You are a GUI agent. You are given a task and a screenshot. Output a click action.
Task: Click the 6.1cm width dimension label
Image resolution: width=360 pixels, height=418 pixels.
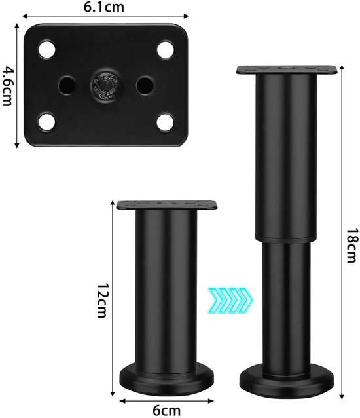coord(104,7)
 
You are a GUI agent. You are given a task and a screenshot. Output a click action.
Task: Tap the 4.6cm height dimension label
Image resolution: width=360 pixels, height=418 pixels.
coord(7,86)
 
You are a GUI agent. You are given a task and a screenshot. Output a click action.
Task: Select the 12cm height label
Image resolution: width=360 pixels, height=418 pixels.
coord(103,300)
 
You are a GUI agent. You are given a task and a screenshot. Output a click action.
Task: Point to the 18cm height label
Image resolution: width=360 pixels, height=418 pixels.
coord(351,245)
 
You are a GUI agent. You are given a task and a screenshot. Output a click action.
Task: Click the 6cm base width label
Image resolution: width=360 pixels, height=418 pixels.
coord(167,411)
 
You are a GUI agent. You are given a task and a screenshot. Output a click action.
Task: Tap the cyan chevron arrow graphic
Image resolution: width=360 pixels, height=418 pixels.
coord(230,300)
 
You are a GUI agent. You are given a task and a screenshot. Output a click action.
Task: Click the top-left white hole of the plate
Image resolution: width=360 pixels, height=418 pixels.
coord(47,50)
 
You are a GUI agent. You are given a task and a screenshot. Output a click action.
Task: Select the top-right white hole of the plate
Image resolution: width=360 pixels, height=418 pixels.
coord(166,50)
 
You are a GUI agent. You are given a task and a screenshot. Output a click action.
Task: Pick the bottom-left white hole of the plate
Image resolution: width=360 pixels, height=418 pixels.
coord(47,122)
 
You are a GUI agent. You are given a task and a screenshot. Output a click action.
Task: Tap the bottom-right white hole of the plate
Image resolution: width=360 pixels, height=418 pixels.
coord(166,122)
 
